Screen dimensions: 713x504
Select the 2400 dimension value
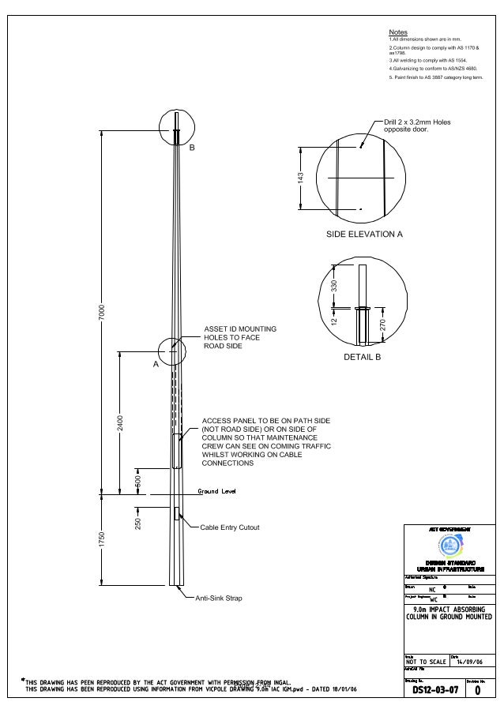tap(121, 423)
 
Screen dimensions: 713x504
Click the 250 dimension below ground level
tap(137, 523)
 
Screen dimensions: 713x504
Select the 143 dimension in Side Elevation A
tap(300, 178)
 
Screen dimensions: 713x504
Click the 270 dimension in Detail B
tap(382, 325)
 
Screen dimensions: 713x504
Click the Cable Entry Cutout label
tap(229, 527)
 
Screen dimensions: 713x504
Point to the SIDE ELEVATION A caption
tap(364, 235)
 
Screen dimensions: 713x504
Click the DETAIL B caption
tap(363, 357)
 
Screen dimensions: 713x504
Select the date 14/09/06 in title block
tap(472, 661)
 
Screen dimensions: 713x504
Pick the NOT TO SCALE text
tap(426, 662)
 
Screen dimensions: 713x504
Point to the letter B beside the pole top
tap(191, 148)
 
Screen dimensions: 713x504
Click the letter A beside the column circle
tap(156, 366)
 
